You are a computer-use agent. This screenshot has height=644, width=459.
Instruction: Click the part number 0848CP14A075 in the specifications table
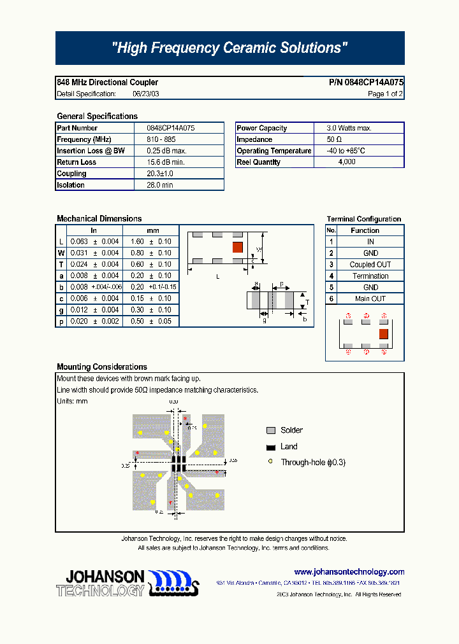tap(171, 128)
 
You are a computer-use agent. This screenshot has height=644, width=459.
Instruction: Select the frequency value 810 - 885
tap(161, 139)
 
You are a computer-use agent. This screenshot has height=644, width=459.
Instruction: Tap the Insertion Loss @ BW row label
tap(91, 151)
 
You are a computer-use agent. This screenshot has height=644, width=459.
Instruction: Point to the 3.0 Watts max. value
tap(349, 128)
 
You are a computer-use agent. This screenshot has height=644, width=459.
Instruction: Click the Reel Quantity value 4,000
tap(347, 162)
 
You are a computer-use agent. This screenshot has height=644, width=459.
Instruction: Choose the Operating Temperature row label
tap(273, 151)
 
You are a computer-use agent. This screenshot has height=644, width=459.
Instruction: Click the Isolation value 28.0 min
tap(160, 185)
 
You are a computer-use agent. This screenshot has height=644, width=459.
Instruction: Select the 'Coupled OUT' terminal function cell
tap(370, 265)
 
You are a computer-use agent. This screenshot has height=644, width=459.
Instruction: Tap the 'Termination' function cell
tap(370, 276)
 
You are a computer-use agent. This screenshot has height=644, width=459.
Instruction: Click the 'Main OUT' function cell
tap(370, 299)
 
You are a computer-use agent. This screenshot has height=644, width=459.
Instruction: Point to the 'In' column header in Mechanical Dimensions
tap(94, 230)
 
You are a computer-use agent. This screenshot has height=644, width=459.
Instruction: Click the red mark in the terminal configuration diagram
tap(384, 333)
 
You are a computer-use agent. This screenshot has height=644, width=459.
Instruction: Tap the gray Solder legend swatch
tap(270, 430)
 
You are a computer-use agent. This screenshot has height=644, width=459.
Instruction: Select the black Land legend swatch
tap(270, 447)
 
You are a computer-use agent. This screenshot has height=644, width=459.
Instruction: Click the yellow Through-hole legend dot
tap(270, 462)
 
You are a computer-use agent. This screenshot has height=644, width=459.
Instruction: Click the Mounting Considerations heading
tap(102, 367)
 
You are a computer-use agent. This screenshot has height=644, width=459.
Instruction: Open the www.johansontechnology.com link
tap(349, 571)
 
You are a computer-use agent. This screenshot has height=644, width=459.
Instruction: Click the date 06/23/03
tap(146, 94)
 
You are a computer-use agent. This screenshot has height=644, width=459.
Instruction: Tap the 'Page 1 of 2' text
tap(385, 94)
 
